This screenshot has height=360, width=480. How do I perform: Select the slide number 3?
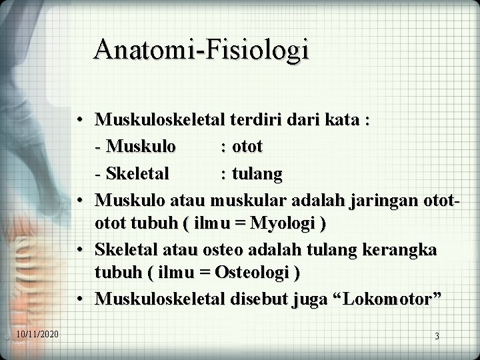click(x=437, y=337)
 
